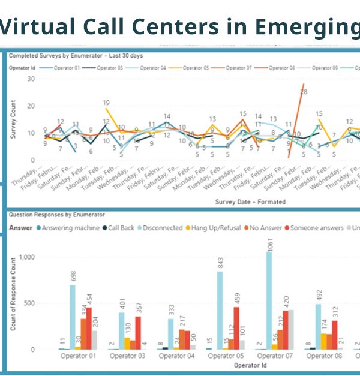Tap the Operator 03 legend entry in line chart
107,68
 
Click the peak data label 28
304,92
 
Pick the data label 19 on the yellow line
106,103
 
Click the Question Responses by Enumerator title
57,214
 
